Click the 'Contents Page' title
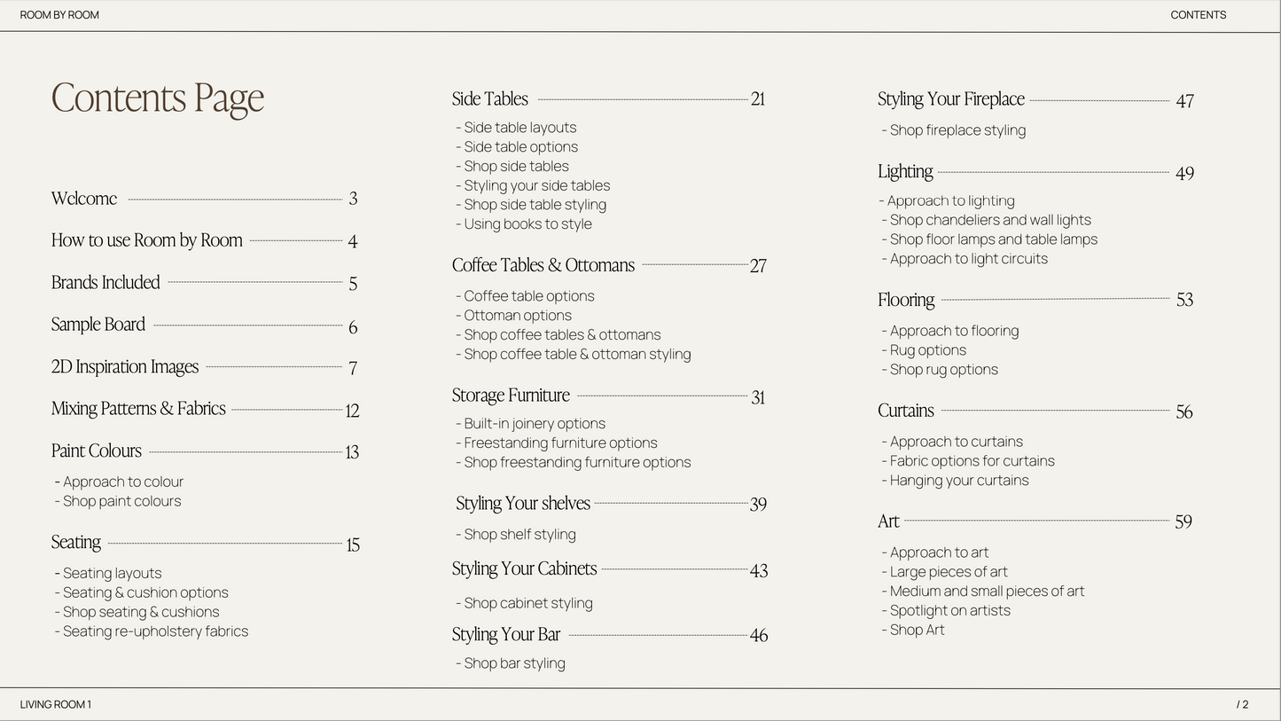[158, 98]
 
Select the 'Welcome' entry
[84, 199]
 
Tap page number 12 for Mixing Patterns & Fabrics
[352, 411]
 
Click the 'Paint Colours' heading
[97, 451]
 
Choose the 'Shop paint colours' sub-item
[121, 501]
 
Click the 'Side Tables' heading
[490, 99]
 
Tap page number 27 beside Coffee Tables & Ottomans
[758, 266]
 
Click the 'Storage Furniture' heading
[511, 396]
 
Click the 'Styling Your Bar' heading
[506, 635]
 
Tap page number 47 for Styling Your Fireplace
[1184, 101]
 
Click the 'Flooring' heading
[906, 300]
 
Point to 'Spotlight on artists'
[949, 611]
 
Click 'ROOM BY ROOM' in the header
[59, 15]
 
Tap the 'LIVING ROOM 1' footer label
[56, 705]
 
